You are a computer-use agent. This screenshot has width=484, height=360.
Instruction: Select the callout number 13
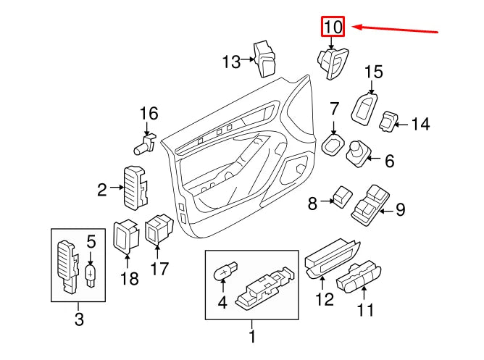[231, 62]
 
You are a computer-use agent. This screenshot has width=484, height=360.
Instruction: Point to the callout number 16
[148, 113]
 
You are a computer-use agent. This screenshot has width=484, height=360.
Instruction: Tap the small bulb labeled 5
[91, 275]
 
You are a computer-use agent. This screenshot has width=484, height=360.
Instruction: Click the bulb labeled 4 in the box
[225, 273]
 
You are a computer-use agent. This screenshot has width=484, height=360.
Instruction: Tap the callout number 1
[251, 336]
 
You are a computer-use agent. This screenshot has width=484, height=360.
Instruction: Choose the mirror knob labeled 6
[360, 153]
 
